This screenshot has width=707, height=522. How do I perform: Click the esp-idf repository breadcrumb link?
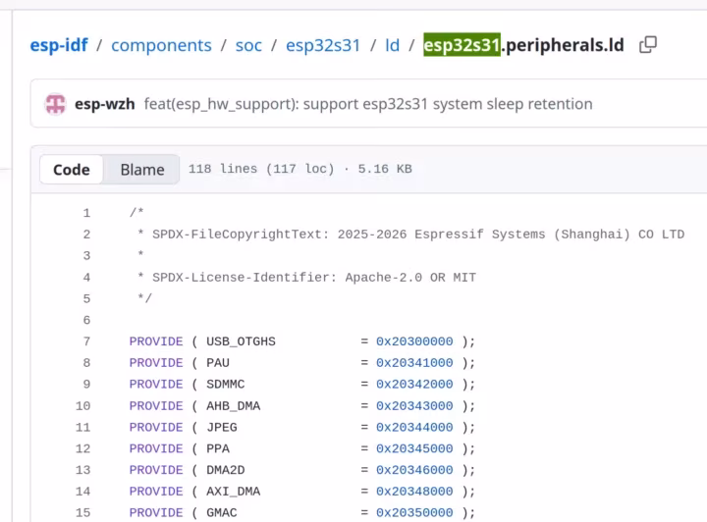click(59, 45)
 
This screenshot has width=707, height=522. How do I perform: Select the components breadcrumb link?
click(161, 45)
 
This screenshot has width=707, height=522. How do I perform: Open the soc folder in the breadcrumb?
click(248, 45)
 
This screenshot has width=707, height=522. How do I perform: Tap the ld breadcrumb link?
click(392, 45)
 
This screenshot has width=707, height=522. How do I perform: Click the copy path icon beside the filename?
click(648, 44)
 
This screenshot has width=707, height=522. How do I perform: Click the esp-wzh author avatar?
click(55, 104)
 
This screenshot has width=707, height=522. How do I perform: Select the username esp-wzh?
click(105, 104)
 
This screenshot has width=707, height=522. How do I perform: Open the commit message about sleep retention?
click(368, 104)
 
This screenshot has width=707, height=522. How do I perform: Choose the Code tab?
click(72, 170)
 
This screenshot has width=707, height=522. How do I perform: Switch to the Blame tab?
click(142, 170)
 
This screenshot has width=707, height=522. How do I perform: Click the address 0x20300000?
click(414, 341)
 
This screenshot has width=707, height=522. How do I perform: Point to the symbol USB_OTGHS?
click(241, 341)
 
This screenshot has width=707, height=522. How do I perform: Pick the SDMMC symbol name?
click(226, 385)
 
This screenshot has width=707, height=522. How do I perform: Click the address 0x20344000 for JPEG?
click(414, 427)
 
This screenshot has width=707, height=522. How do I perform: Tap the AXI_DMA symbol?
click(233, 492)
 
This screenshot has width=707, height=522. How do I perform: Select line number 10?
click(82, 406)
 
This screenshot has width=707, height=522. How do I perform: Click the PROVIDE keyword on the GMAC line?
click(156, 512)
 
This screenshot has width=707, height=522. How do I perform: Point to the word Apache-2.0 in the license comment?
click(384, 277)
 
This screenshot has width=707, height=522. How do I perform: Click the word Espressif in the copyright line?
click(449, 235)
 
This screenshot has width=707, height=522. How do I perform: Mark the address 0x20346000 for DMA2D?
click(414, 470)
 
